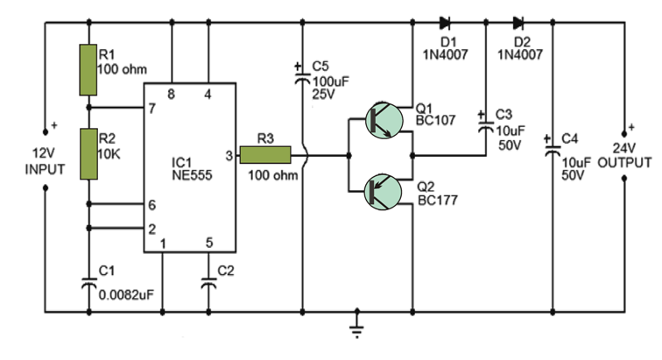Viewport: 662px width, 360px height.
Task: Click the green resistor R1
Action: [x=87, y=70]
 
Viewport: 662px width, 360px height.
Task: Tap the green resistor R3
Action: [x=265, y=155]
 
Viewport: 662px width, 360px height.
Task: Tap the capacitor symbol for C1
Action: [x=88, y=285]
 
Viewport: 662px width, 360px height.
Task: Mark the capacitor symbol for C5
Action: [x=301, y=78]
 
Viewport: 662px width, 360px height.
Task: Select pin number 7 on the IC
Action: [x=151, y=109]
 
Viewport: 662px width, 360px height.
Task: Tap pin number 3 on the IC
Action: [x=229, y=155]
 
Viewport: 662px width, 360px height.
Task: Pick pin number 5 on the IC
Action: [x=208, y=243]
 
